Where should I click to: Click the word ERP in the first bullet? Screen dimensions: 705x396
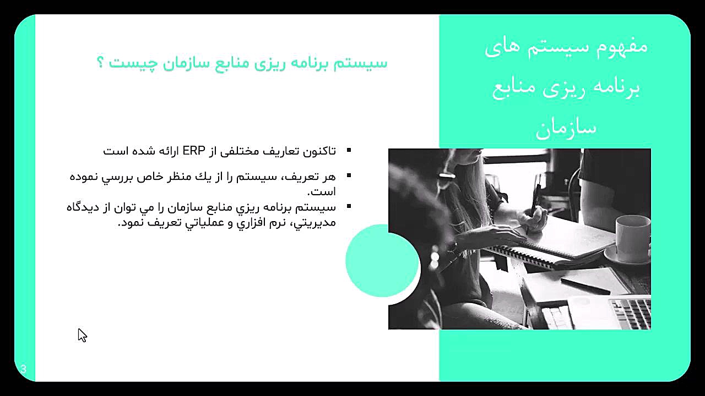coord(194,151)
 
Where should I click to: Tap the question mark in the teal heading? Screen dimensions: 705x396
coord(100,62)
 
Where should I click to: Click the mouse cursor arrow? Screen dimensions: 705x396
coord(82,335)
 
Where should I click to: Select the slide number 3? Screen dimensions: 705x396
coord(24,369)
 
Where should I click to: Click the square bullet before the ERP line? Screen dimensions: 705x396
coord(349,150)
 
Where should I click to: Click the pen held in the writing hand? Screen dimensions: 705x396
coord(535,201)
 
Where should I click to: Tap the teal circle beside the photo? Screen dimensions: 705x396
coord(382,261)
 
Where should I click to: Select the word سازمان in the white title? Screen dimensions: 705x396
coord(566,129)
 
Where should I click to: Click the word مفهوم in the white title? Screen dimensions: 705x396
coord(622,47)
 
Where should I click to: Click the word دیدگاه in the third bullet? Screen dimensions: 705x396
coord(83,207)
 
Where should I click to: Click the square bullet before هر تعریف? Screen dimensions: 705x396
coord(349,175)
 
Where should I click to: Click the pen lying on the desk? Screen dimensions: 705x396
coord(585,286)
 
